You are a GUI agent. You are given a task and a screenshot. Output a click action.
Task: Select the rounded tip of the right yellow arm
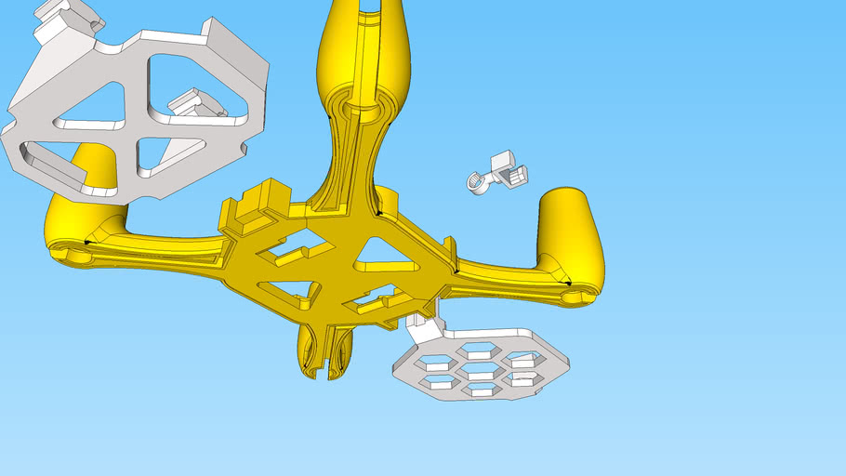pyautogui.click(x=581, y=297)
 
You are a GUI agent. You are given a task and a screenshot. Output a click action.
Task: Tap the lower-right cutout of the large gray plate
pyautogui.click(x=167, y=153)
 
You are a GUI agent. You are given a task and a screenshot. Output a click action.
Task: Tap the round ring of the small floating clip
pyautogui.click(x=477, y=182)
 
